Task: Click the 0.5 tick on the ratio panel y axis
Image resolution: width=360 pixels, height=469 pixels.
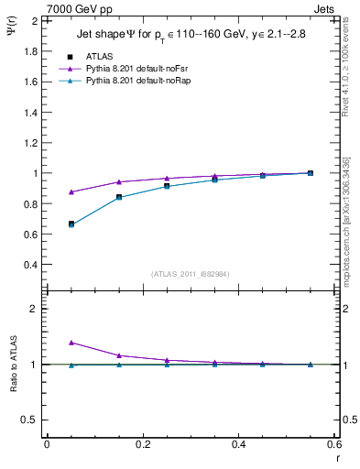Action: click(x=30, y=420)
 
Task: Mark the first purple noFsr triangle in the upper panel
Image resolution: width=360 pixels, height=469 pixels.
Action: click(x=71, y=192)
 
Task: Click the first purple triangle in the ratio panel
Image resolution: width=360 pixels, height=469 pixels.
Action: click(x=71, y=342)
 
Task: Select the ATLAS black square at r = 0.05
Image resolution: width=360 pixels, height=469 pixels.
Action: click(x=71, y=224)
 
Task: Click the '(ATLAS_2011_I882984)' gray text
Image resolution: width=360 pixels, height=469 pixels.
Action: click(x=191, y=274)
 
